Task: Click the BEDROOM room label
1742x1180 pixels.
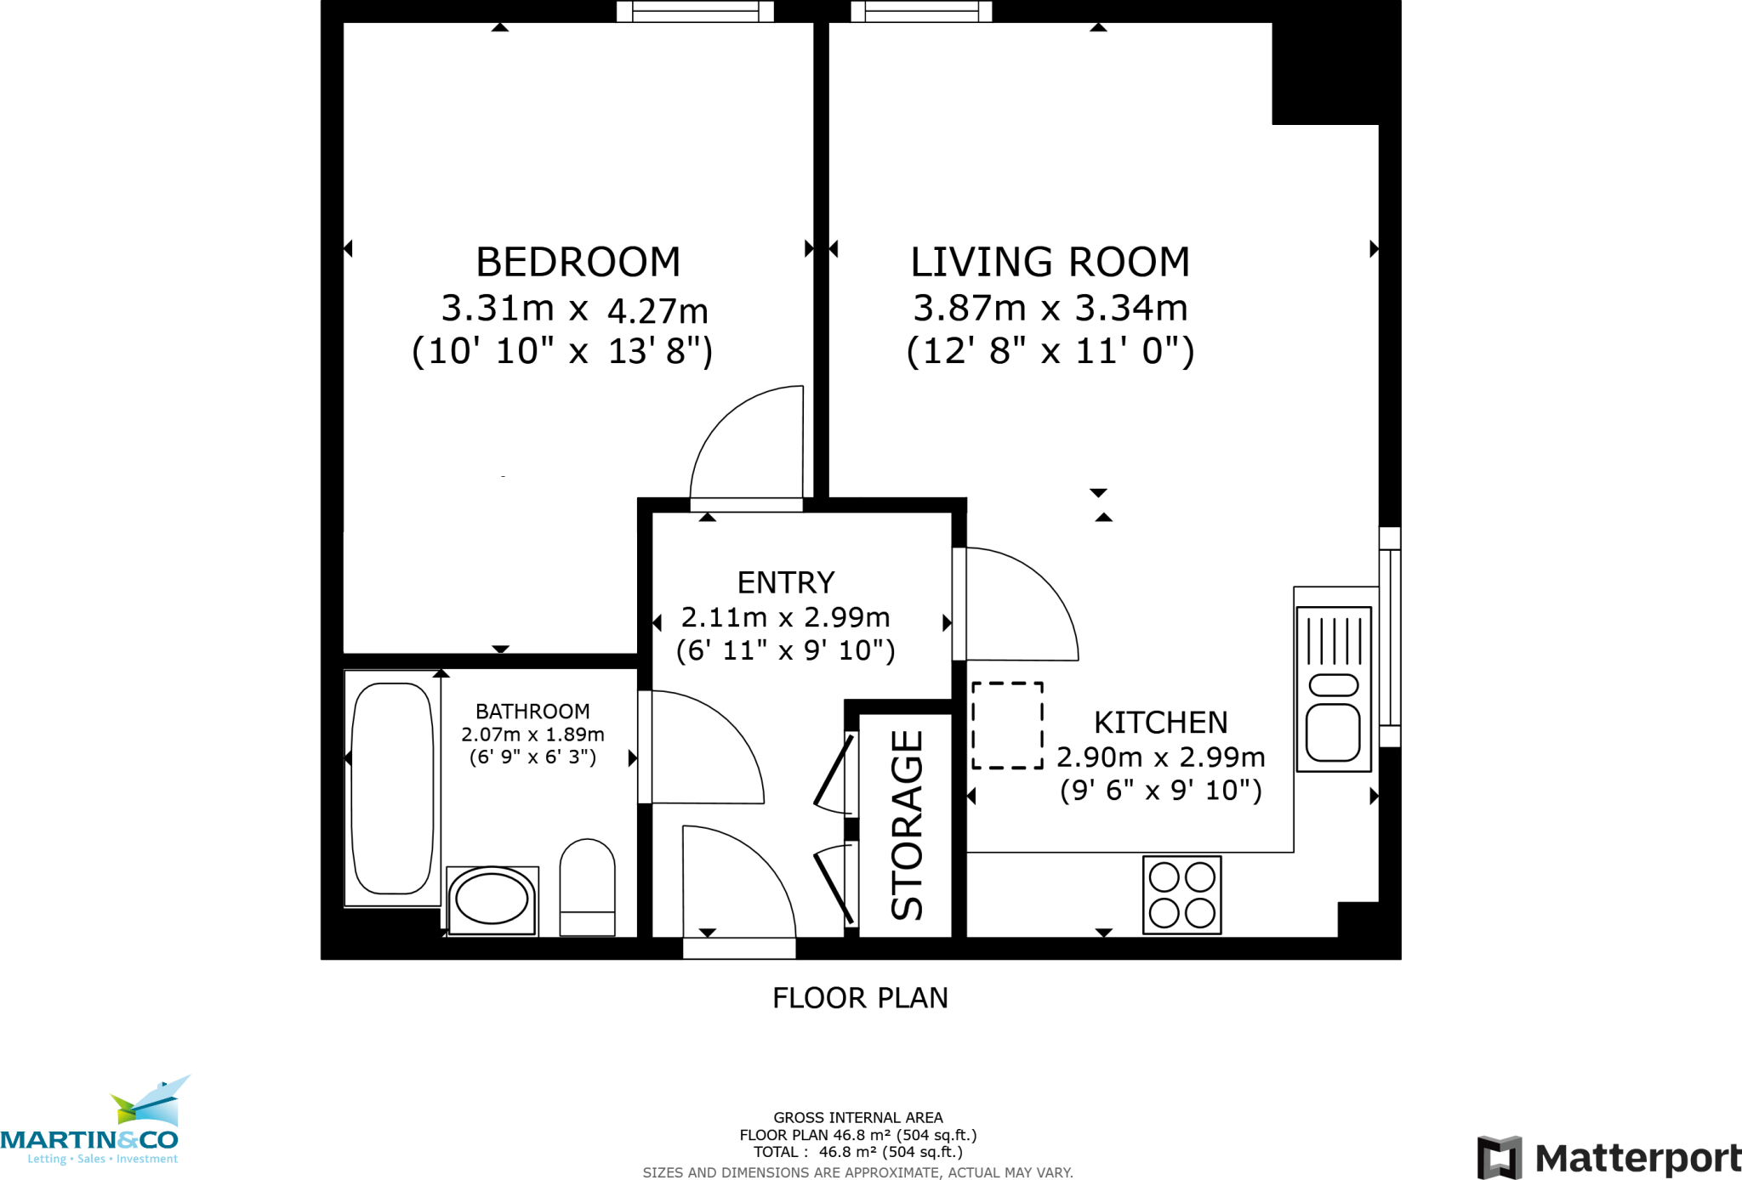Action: point(578,262)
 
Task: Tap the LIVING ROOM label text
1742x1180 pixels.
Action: point(1050,262)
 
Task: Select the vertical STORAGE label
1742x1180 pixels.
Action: point(907,825)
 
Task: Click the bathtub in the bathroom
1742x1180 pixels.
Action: point(392,788)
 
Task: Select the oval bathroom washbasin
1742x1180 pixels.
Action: point(492,899)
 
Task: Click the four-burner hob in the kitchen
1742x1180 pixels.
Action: point(1181,895)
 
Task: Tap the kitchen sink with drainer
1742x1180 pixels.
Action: point(1333,689)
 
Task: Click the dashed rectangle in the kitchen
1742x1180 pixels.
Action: point(1007,725)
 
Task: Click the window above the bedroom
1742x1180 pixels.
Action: point(695,11)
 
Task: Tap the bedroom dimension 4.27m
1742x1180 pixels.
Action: point(657,311)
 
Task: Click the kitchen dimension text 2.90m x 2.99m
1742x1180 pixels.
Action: point(1160,757)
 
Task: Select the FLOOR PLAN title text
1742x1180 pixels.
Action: point(860,997)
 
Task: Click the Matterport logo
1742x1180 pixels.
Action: point(1608,1157)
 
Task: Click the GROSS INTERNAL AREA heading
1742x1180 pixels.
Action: point(857,1117)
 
